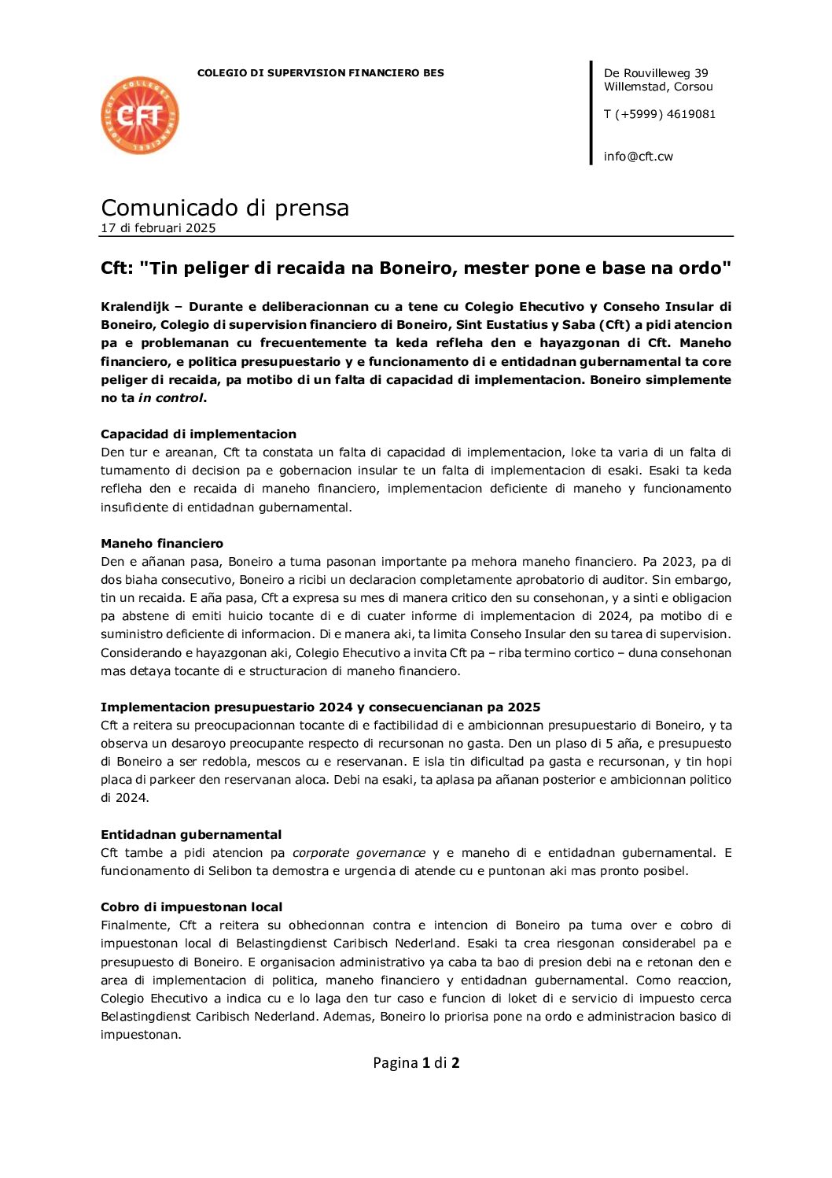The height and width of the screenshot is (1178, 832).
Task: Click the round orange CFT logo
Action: (140, 116)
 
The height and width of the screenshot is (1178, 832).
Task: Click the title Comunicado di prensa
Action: (225, 208)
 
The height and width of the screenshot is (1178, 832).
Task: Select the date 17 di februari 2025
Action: (158, 228)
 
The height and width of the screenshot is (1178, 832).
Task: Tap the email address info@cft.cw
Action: (638, 156)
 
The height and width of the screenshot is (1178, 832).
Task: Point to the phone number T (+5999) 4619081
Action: (659, 114)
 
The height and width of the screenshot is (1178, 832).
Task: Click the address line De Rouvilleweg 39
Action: (656, 73)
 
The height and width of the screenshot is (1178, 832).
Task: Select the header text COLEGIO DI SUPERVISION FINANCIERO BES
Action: (320, 73)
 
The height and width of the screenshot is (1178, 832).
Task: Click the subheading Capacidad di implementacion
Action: (198, 434)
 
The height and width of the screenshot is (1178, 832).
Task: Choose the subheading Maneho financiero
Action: (162, 543)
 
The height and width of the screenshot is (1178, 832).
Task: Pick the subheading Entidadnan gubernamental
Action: (191, 834)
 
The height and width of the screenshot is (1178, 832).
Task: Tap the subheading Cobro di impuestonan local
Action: (192, 907)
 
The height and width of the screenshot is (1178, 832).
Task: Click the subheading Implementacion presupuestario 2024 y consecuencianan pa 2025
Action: (320, 707)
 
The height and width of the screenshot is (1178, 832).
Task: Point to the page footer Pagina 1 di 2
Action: (416, 1062)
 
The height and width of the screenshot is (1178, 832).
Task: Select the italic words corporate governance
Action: (359, 852)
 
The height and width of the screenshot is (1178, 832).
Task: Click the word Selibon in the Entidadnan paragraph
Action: (230, 870)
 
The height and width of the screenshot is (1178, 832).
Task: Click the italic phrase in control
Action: (171, 397)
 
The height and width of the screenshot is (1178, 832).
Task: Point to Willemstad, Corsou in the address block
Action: (658, 87)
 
